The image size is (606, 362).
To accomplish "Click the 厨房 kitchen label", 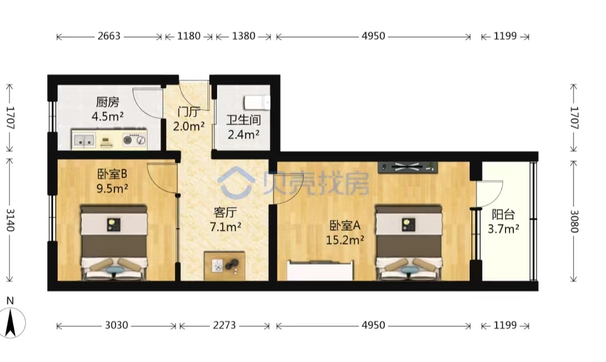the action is pos(107,103).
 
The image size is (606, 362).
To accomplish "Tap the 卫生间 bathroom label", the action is pos(244,120).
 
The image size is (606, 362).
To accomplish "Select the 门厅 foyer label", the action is pos(189,112).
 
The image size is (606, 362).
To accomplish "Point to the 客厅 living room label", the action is pos(226,212).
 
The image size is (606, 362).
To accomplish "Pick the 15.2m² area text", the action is pos(345,240).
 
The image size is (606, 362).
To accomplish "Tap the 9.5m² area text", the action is pos(112,189).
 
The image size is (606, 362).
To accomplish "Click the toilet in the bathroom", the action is pos(257,103).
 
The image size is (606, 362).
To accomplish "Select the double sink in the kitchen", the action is pos(84,140).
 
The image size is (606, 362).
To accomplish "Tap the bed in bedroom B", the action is pos(114,243).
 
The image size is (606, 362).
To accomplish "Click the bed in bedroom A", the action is pos(409,243).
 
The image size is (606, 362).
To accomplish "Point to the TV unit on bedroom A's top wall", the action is pos(408,167).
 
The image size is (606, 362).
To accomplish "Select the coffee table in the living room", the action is pos(224,266).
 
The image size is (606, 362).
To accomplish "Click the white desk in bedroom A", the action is pos(320,271).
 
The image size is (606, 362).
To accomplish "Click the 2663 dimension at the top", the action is pos(109,36).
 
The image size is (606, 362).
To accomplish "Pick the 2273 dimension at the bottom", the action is pos(224,326).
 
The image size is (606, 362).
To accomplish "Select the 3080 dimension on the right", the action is pos(574,221).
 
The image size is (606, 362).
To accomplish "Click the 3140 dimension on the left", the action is pos(10,220).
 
